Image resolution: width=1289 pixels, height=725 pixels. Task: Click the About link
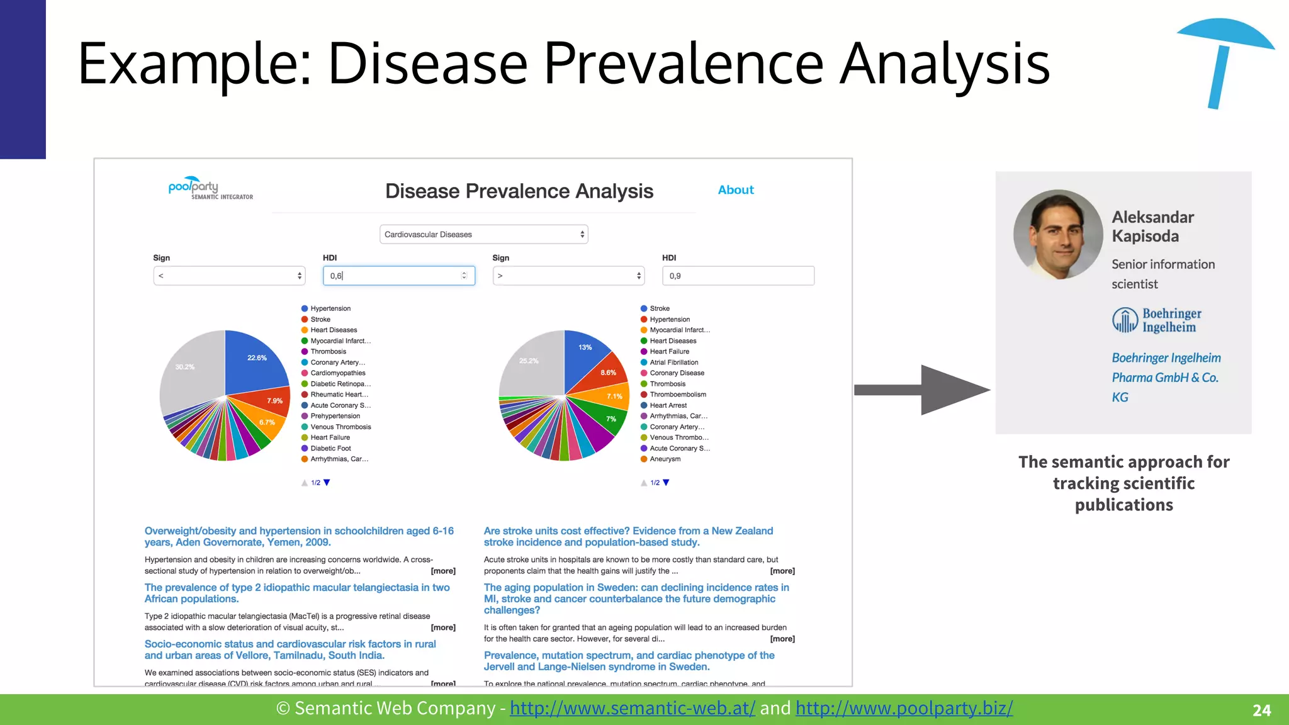point(735,190)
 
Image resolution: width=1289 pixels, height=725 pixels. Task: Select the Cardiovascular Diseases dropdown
point(483,234)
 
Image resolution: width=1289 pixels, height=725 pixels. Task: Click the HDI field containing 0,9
point(738,276)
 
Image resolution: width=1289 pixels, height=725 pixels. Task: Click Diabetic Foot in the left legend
point(330,448)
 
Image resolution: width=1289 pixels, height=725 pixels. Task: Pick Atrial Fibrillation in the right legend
point(673,362)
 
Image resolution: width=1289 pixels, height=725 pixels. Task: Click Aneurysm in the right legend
point(665,459)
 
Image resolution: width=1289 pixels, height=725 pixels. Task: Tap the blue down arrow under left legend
point(327,483)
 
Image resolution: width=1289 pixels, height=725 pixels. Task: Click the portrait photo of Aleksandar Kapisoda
point(1058,234)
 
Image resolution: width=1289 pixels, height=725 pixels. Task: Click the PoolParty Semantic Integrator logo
point(210,188)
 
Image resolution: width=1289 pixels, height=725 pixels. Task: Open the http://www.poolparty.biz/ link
point(904,708)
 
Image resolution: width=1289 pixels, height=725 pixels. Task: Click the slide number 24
point(1261,711)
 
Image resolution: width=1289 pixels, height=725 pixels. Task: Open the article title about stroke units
point(628,536)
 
